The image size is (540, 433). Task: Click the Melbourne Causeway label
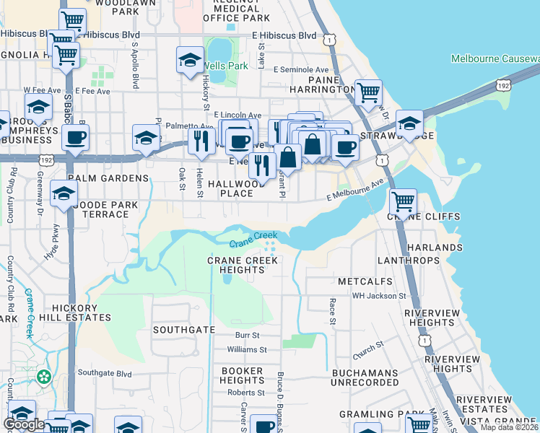coord(495,58)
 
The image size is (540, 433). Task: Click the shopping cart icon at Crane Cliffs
coord(402,200)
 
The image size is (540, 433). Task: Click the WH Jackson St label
coord(379,296)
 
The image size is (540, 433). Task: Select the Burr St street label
coord(247,336)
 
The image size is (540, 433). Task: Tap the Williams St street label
coord(247,349)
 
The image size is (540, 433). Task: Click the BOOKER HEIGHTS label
coord(242,375)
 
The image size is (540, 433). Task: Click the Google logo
coord(24,424)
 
